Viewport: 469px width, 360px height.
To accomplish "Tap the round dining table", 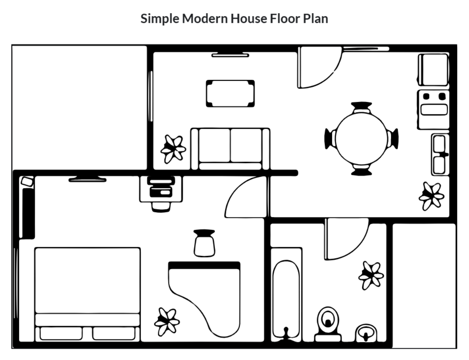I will [x=362, y=139].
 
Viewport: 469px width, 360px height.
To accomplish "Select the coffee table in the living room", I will [x=230, y=93].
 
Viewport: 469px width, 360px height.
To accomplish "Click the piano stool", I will [x=204, y=243].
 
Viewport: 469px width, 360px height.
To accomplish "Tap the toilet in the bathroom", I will [x=328, y=322].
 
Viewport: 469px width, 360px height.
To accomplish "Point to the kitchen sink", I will [x=440, y=154].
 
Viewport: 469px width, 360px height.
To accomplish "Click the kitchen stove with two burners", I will [x=433, y=103].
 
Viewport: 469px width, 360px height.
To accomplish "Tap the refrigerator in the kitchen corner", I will [x=433, y=70].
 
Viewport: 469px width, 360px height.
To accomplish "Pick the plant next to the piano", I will [x=167, y=322].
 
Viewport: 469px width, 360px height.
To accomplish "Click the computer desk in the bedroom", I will [x=161, y=189].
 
